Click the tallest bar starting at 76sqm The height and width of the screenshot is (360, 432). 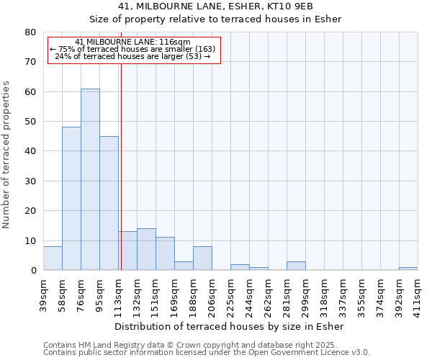pos(90,180)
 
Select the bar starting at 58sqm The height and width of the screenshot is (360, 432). pos(71,199)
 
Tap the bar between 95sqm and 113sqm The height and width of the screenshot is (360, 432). pos(109,203)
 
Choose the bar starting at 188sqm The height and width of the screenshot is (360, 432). pos(202,258)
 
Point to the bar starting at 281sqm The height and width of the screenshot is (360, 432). pos(296,266)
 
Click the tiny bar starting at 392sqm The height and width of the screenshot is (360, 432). pos(408,269)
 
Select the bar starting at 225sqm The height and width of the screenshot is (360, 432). pos(240,267)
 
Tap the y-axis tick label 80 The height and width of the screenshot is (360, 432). pos(30,32)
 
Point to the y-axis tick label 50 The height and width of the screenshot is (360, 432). pos(30,122)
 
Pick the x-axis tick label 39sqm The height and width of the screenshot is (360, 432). pos(43,293)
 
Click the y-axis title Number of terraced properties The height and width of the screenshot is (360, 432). pos(7,154)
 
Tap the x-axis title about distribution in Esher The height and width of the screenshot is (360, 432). pos(230,326)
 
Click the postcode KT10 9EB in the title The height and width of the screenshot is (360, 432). pos(289,6)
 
